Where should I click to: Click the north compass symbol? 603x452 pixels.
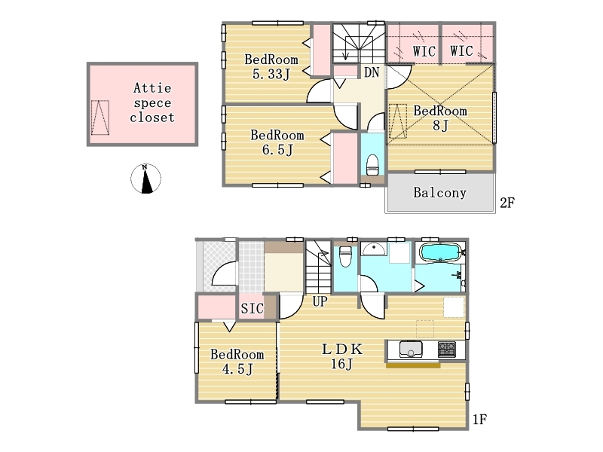pos(145,179)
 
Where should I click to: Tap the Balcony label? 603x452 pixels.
pos(439,193)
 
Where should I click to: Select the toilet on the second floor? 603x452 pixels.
pos(372,164)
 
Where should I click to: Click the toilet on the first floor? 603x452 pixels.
pos(345,256)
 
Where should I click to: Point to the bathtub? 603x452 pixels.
pos(440,252)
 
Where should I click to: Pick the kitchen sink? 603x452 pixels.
pos(411,350)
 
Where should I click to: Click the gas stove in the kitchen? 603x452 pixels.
pos(446,350)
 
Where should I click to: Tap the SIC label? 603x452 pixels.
pos(253,308)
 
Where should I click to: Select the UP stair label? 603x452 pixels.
pos(320,302)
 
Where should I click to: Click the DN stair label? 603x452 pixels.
pos(372,72)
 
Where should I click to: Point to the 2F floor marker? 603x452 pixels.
pos(507,203)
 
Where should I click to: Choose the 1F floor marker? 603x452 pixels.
pos(479,419)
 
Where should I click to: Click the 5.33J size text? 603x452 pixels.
pos(271,74)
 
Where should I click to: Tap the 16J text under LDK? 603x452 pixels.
pos(342,363)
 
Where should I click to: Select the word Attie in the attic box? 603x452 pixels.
pos(152,88)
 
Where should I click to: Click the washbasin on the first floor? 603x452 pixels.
pos(373,249)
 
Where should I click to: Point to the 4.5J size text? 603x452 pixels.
pos(237,369)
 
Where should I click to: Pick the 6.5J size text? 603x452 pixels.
pos(277,149)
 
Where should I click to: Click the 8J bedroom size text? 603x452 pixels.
pos(440,125)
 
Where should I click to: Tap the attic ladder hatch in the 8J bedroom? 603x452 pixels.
pos(398,121)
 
